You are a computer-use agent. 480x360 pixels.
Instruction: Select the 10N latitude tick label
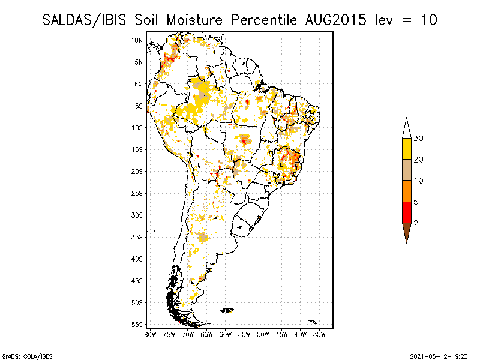(x=137, y=40)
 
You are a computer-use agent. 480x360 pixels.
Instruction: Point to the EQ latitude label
(x=139, y=84)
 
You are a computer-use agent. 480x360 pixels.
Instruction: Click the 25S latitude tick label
(x=137, y=193)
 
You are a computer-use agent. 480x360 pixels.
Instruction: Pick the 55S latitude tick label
(x=137, y=325)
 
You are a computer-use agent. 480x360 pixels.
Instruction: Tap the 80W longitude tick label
(x=150, y=334)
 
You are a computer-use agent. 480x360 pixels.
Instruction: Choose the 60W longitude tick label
(x=226, y=334)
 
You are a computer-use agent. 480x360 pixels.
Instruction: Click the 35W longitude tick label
(x=319, y=334)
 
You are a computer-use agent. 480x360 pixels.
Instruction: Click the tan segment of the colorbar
(x=406, y=170)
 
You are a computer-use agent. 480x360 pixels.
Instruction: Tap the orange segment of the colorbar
(x=406, y=191)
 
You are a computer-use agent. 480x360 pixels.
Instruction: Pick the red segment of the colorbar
(x=406, y=212)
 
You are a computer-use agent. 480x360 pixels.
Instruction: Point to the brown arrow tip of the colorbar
(x=406, y=232)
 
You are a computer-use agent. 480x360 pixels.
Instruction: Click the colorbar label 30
(x=419, y=139)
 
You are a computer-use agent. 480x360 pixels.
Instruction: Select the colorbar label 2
(x=416, y=223)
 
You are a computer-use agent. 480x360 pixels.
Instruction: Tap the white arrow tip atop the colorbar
(x=406, y=128)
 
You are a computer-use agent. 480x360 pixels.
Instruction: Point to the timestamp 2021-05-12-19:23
(x=439, y=355)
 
